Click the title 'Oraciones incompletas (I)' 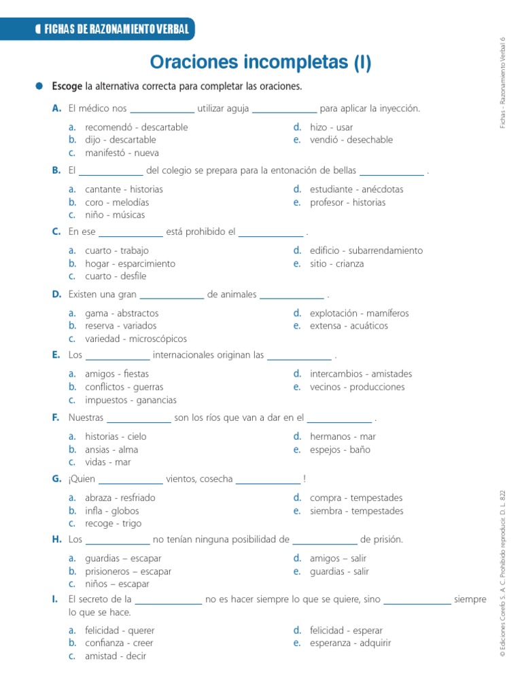click(x=261, y=63)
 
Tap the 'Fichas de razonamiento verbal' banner click(x=112, y=29)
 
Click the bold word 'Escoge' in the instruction click(x=67, y=87)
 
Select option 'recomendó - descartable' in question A click(x=136, y=127)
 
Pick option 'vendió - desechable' click(x=351, y=140)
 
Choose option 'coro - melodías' click(x=116, y=202)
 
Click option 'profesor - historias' click(x=347, y=202)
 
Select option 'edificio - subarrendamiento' click(x=366, y=250)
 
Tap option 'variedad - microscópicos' click(x=135, y=339)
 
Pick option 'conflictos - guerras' click(x=124, y=387)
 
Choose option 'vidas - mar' click(x=107, y=462)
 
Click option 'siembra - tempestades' click(x=356, y=511)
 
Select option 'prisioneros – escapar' click(x=128, y=571)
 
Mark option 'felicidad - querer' click(x=120, y=631)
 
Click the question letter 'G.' click(x=56, y=479)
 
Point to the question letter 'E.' click(x=56, y=355)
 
